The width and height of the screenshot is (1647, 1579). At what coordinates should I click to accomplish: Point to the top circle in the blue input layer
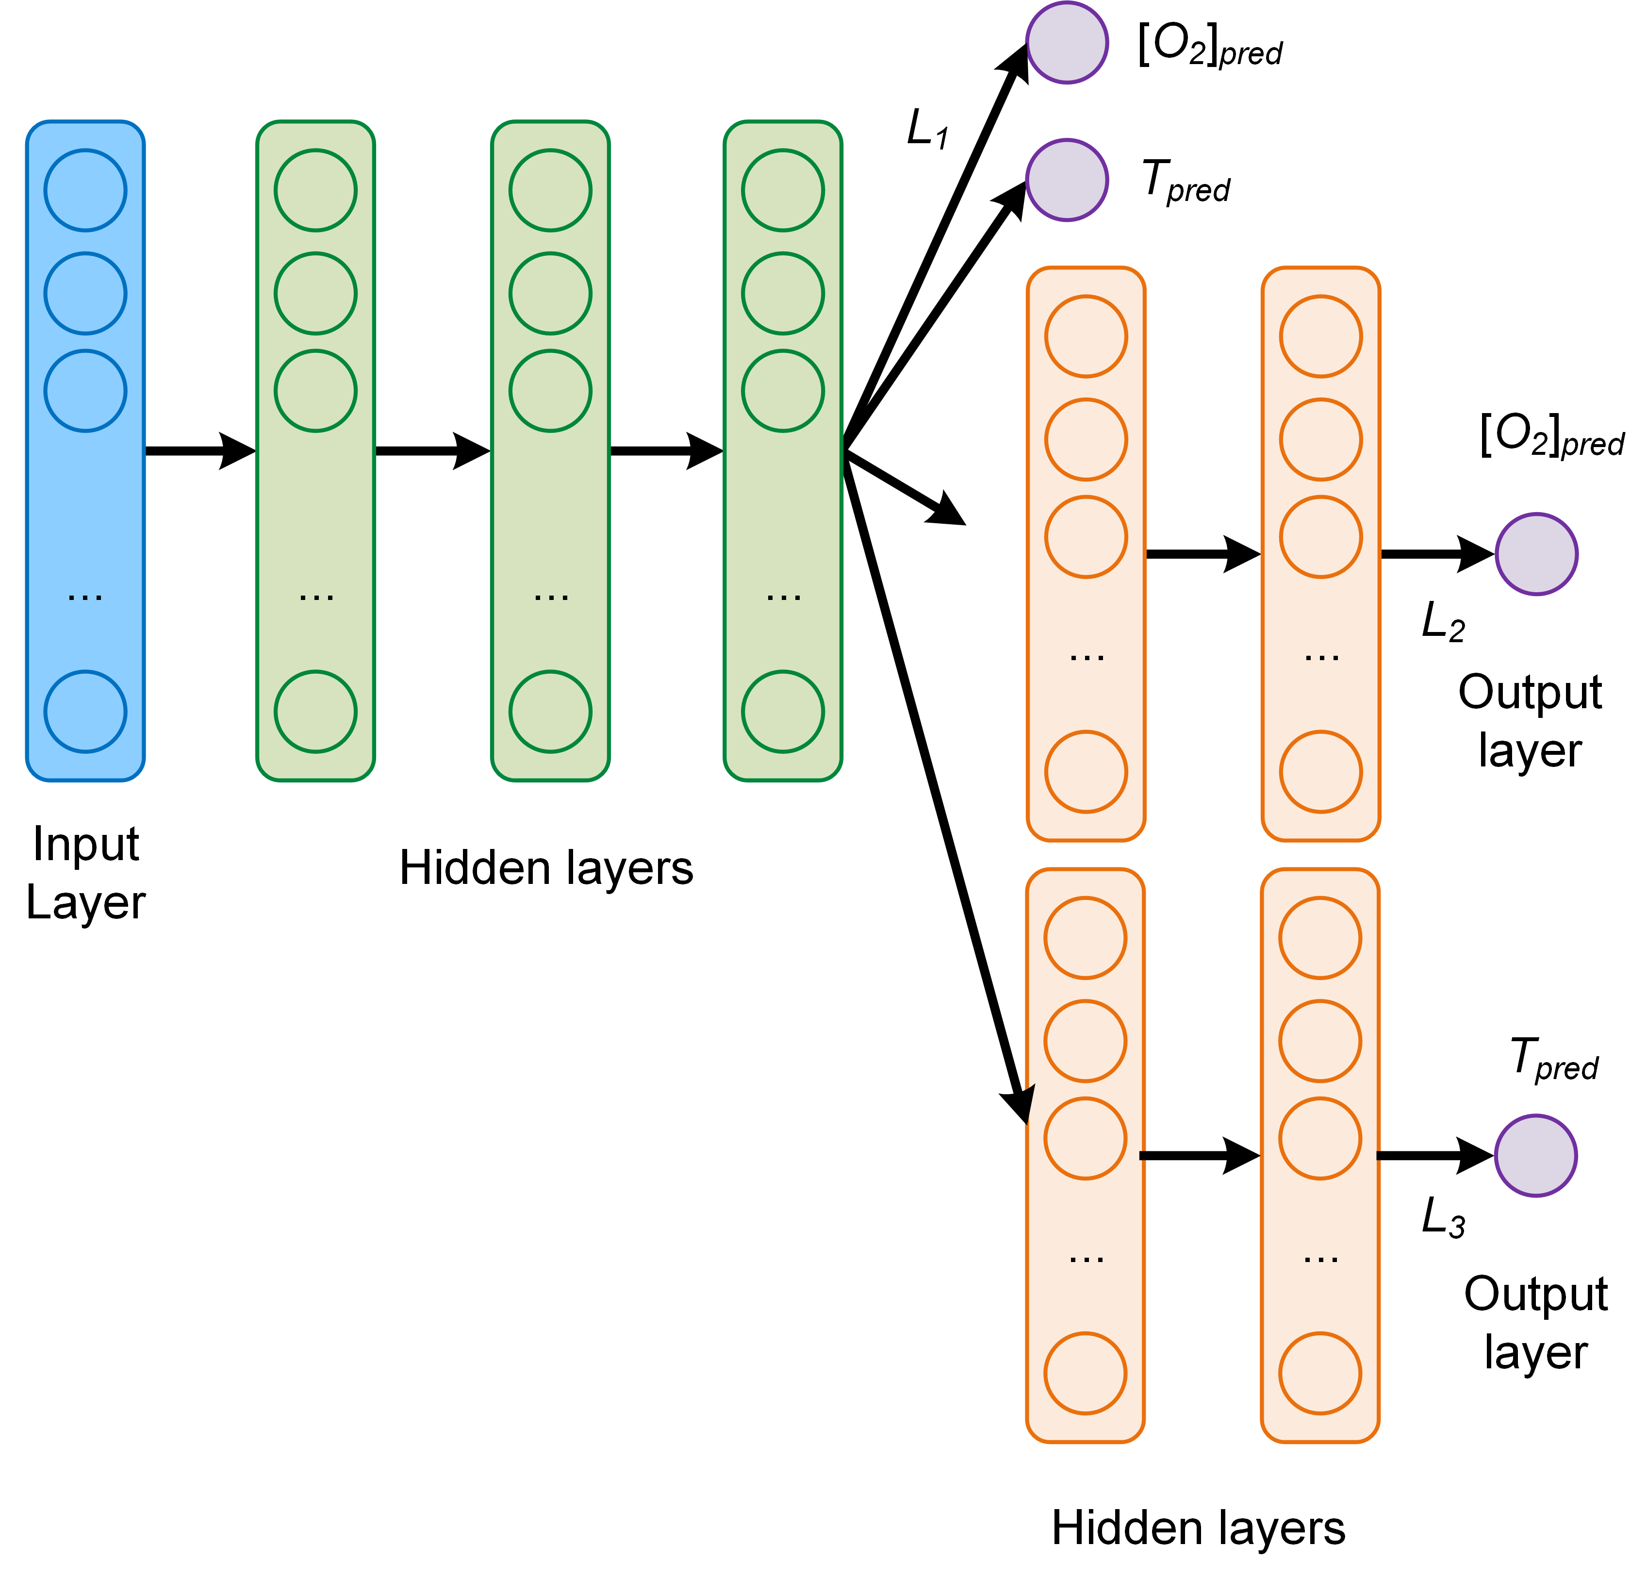(x=86, y=190)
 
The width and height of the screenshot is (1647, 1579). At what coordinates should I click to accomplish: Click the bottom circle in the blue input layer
(x=86, y=711)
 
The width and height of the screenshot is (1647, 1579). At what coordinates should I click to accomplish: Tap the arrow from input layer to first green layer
(x=200, y=451)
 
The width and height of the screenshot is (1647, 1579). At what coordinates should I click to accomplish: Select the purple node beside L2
(x=1536, y=555)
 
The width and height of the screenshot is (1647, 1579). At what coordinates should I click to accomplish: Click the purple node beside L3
(x=1535, y=1155)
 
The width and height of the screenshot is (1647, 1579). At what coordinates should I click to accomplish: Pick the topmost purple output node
(x=1067, y=42)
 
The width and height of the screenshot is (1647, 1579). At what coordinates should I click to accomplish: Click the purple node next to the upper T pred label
(x=1067, y=180)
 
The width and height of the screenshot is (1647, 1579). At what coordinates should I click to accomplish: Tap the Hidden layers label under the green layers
(x=546, y=867)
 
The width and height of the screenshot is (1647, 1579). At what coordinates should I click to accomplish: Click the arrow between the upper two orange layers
(x=1202, y=554)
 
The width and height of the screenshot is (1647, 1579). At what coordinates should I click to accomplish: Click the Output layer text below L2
(x=1530, y=720)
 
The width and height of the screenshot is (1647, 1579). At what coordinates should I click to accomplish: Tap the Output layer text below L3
(x=1535, y=1322)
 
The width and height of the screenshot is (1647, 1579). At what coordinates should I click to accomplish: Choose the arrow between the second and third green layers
(x=665, y=451)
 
